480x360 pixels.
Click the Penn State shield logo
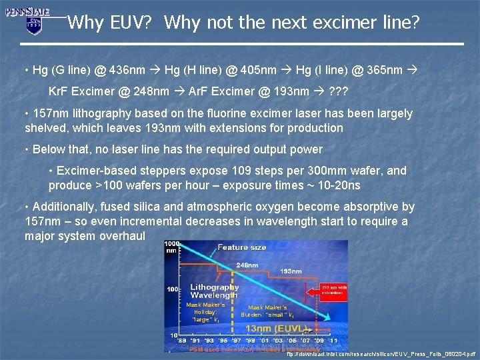33,25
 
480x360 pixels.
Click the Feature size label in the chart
241,247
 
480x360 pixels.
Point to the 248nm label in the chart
246,265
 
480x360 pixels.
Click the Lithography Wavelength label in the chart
214,291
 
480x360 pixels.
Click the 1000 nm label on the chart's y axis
172,247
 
